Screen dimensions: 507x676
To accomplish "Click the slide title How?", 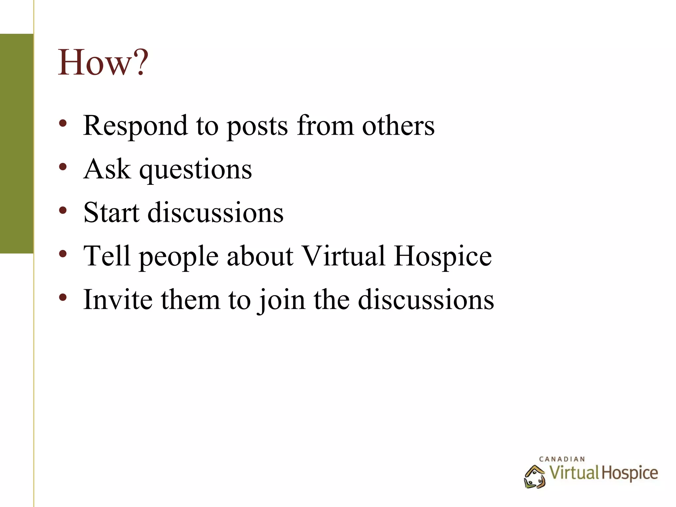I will click(x=103, y=63).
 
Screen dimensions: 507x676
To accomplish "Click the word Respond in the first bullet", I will click(x=135, y=126).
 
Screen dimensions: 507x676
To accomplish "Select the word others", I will click(x=398, y=126).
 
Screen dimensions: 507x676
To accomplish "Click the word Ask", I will click(x=107, y=169).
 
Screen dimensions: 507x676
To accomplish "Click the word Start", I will click(x=111, y=213).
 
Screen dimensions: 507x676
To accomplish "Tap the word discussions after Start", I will click(x=215, y=213).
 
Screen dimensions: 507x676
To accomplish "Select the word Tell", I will click(x=107, y=256).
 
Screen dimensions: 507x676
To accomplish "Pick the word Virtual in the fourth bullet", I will click(x=344, y=256).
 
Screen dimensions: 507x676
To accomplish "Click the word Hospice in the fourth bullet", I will click(x=443, y=256).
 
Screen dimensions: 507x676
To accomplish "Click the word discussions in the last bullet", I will click(x=426, y=299).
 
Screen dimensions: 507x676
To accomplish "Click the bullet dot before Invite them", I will click(x=63, y=297).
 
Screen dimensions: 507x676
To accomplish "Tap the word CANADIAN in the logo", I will click(x=562, y=459).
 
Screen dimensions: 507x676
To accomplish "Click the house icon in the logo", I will click(x=534, y=477).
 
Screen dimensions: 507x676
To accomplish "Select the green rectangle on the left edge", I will click(x=17, y=144).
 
